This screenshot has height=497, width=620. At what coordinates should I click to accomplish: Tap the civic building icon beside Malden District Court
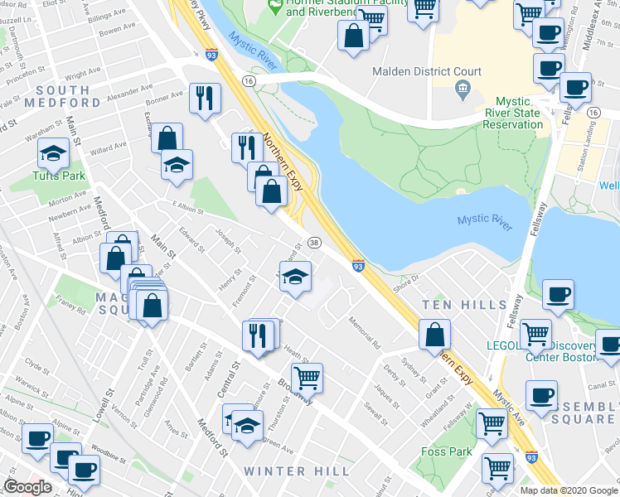point(463,87)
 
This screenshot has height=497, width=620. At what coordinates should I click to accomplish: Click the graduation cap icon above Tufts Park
point(54,153)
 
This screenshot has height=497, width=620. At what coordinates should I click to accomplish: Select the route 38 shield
point(314,242)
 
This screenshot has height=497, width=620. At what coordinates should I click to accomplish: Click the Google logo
point(28,487)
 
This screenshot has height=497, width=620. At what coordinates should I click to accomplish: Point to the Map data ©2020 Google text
point(569,490)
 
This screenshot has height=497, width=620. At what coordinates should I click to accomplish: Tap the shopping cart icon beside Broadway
point(308,378)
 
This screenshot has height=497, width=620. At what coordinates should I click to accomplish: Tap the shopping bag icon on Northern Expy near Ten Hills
point(434,335)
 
